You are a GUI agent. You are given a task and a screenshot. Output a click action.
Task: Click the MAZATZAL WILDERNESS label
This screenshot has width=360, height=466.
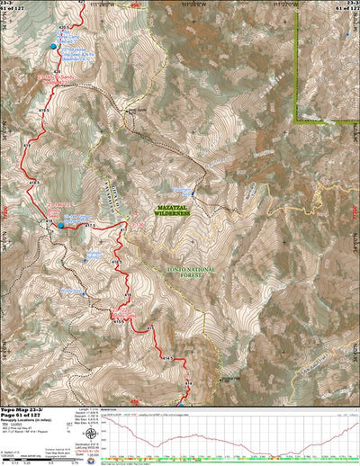coord(168,208)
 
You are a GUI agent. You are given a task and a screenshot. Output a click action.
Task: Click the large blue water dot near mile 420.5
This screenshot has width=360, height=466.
coord(52,46)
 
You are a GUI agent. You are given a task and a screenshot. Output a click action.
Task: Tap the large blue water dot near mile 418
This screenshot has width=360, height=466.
coord(61,226)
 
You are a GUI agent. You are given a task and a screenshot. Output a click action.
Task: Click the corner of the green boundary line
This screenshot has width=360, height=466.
coord(298,119)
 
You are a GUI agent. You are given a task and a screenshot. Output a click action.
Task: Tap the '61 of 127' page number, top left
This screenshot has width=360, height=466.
coord(13,10)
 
